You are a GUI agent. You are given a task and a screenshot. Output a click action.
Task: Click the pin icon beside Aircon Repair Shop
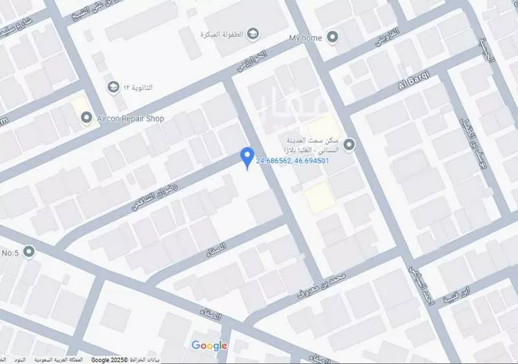86,118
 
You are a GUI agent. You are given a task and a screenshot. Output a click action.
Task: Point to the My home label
306,36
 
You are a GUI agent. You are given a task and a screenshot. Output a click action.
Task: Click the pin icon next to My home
332,36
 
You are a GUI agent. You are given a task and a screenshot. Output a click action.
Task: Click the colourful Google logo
209,345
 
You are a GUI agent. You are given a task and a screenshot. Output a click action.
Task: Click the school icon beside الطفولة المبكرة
253,33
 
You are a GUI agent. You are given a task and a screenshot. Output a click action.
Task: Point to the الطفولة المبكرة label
220,34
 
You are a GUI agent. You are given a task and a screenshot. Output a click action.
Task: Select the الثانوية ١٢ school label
140,88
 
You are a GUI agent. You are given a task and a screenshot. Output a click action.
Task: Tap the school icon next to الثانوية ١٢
113,88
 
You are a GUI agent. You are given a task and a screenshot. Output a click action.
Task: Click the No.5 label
10,252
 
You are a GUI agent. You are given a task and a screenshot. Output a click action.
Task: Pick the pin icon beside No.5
29,252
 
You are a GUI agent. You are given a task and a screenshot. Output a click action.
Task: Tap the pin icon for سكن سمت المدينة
349,144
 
